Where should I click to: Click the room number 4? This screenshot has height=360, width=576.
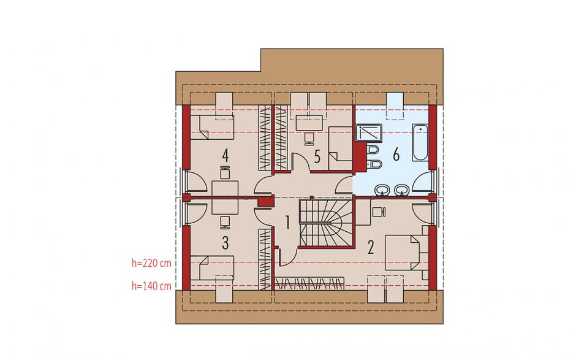[225, 155]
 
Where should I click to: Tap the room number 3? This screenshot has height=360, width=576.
[225, 243]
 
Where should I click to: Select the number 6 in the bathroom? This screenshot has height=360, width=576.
[396, 155]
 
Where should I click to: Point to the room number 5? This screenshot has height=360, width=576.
[317, 156]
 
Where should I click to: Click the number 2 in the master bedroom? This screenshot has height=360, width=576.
[371, 247]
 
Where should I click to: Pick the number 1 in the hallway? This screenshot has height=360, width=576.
[287, 223]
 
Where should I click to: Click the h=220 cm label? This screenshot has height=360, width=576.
[152, 263]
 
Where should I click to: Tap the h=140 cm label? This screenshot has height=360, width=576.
[152, 286]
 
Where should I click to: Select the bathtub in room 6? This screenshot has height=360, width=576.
[420, 143]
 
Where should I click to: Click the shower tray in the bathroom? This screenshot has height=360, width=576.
[369, 132]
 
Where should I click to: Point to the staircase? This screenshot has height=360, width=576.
[327, 223]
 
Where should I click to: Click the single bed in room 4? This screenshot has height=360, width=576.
[212, 127]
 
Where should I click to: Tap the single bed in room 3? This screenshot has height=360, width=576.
[212, 268]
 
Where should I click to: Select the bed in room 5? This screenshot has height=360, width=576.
[340, 148]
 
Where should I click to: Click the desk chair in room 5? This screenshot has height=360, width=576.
[309, 138]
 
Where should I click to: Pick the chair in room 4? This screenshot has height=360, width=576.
[225, 172]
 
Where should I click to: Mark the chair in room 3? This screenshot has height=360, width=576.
[225, 221]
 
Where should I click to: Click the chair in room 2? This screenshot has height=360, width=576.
[378, 212]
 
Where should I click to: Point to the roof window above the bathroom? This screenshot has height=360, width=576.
[395, 106]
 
